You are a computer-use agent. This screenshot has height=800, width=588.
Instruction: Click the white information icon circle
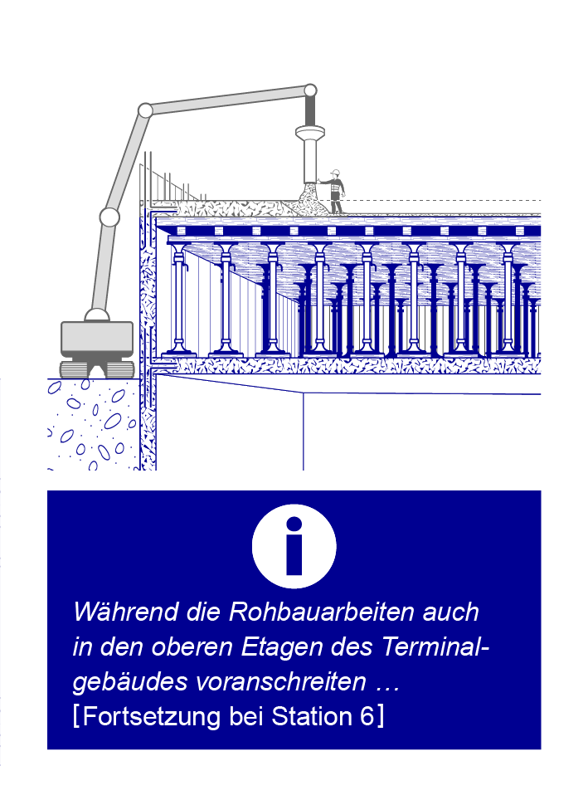point(294,546)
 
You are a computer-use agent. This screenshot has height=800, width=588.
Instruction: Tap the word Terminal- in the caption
point(435,646)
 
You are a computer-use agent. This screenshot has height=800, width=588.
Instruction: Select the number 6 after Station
point(367,716)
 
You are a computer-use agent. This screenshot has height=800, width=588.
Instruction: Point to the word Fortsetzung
point(152,717)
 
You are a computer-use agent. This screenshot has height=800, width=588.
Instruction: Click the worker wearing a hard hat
point(334,192)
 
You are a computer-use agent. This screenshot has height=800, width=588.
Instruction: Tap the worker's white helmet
point(335,173)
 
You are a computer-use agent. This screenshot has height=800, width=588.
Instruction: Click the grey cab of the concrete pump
point(97,339)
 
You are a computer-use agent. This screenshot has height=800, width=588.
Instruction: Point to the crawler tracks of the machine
point(97,368)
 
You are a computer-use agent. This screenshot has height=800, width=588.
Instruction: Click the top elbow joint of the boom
point(145,110)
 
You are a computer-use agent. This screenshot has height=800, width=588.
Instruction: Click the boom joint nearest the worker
point(310,90)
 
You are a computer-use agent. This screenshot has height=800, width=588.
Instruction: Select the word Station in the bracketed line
point(312,716)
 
